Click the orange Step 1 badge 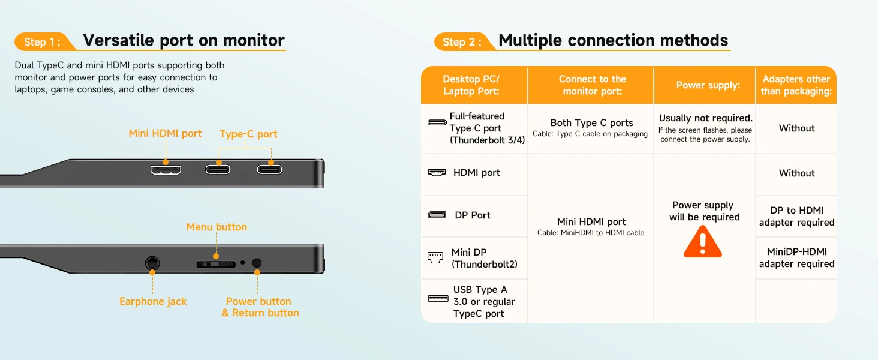[x=42, y=41]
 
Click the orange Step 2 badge [x=462, y=41]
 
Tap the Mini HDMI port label [x=165, y=133]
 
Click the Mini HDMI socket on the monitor [x=166, y=169]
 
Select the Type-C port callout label [x=248, y=134]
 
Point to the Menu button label [x=217, y=227]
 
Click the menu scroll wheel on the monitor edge [x=216, y=263]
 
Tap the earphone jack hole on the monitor [x=152, y=263]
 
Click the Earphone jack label [x=153, y=301]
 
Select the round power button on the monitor [x=257, y=263]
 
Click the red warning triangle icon [x=703, y=241]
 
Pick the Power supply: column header [x=708, y=85]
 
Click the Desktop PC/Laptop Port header [x=471, y=85]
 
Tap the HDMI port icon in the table [x=437, y=173]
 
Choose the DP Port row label [x=472, y=215]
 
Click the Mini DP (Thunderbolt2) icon [x=435, y=257]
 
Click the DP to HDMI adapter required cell [x=796, y=216]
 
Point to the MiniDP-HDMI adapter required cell [x=796, y=258]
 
